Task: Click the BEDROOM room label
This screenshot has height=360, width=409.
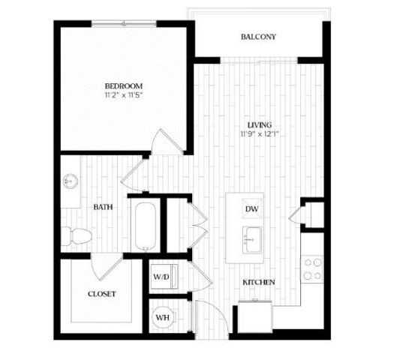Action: [x=124, y=85]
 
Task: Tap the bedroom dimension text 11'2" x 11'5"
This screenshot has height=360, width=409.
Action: [x=124, y=96]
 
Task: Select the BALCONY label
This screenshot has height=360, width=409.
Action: [x=259, y=37]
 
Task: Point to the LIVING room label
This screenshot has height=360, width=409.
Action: [x=260, y=124]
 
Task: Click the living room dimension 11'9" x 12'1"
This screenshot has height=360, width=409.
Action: [x=260, y=134]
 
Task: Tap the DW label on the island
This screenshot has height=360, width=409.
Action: [x=251, y=209]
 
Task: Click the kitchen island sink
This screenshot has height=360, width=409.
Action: [x=251, y=239]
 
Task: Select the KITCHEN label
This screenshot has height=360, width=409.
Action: [x=258, y=282]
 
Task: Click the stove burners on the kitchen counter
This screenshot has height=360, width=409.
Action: [x=312, y=268]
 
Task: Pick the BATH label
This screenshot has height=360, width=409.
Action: [x=104, y=206]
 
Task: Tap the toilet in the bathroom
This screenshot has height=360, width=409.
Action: [x=76, y=235]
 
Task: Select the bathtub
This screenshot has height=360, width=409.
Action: [x=145, y=224]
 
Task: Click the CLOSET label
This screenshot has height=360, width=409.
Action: [x=101, y=294]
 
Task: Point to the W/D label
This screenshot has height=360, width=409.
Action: [x=161, y=277]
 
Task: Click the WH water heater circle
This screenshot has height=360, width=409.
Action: [x=162, y=317]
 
